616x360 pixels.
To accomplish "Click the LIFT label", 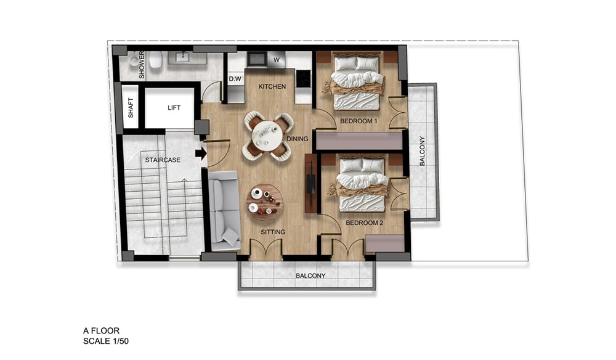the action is [x=174, y=108].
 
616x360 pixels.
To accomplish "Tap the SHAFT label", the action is [x=131, y=108].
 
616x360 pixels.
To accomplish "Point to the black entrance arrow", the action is [x=201, y=153].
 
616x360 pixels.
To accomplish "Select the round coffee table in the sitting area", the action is [x=264, y=203].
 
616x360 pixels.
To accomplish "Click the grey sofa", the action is [x=224, y=211].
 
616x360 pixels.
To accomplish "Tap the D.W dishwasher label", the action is [x=235, y=79].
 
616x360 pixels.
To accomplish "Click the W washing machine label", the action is [x=277, y=60].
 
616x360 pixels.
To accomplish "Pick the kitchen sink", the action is [x=257, y=59].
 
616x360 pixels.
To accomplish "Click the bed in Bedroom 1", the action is [x=357, y=83].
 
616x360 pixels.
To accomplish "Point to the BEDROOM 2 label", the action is [x=364, y=223].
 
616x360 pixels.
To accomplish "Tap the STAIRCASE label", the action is [x=163, y=160].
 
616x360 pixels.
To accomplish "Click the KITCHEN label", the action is [x=272, y=86].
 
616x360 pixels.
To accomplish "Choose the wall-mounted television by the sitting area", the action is [x=310, y=182].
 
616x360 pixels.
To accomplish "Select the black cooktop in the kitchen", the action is [x=303, y=78].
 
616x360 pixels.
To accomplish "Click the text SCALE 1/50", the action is [x=106, y=341].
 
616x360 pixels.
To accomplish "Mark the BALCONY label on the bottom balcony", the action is [x=310, y=276].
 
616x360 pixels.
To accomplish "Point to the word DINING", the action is [x=297, y=139].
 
